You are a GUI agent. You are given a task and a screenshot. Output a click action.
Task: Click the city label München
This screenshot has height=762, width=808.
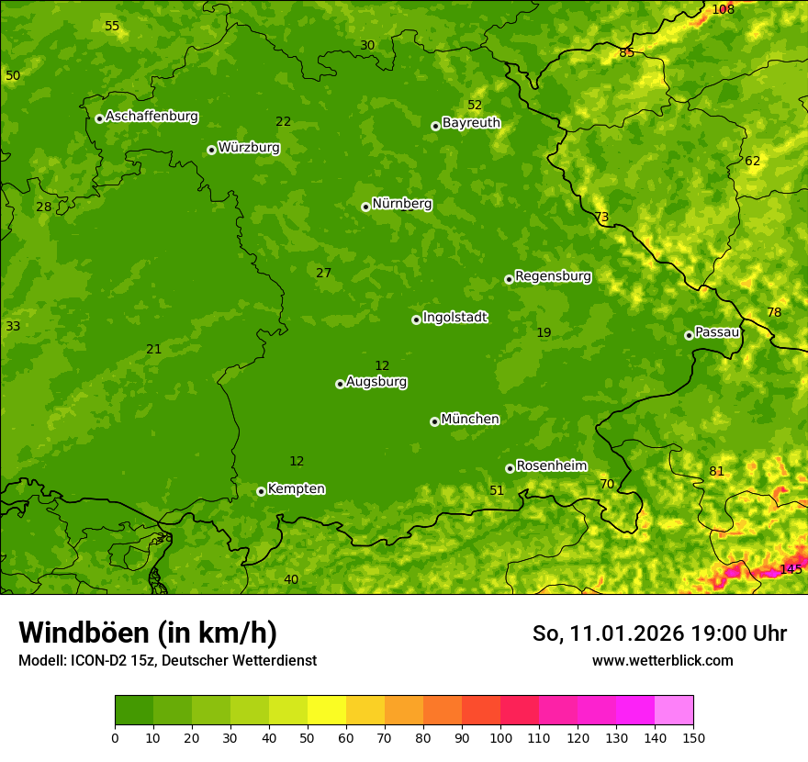tap(470, 420)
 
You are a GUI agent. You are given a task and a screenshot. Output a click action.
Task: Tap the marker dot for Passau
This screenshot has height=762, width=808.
tap(689, 335)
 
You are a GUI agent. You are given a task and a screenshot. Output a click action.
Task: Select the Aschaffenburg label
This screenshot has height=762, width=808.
tap(151, 117)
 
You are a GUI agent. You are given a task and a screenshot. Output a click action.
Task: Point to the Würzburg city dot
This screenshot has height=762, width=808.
tap(211, 150)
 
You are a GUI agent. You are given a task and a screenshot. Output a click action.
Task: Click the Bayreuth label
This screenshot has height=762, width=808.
tap(471, 123)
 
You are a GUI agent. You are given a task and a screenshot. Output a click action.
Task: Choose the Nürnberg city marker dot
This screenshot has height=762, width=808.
tap(365, 207)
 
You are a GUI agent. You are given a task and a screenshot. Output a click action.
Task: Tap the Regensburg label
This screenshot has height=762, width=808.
tap(553, 276)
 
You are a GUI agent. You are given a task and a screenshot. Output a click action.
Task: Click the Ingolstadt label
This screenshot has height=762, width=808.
tap(454, 318)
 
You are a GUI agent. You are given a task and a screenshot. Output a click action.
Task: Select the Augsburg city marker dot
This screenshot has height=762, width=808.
tap(340, 384)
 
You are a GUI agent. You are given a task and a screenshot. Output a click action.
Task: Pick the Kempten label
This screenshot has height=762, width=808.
tap(296, 489)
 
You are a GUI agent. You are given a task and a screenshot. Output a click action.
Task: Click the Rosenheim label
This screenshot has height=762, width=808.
tap(551, 466)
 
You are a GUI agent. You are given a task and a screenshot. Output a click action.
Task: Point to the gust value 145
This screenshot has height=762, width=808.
tap(791, 569)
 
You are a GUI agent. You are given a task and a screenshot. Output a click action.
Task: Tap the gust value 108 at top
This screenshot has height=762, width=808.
tap(724, 9)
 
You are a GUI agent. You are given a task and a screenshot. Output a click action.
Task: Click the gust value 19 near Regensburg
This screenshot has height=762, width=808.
tap(544, 332)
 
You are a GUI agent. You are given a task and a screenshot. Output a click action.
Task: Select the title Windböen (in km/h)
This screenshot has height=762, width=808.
tap(148, 633)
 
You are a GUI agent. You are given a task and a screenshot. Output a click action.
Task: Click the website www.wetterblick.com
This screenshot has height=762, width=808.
tap(662, 660)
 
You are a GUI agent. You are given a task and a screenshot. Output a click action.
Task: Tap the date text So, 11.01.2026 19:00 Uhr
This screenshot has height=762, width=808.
tap(659, 633)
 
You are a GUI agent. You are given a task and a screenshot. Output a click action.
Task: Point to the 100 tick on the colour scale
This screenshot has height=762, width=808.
tap(500, 737)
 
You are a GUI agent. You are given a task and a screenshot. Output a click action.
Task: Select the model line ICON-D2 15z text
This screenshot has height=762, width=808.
tap(167, 660)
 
